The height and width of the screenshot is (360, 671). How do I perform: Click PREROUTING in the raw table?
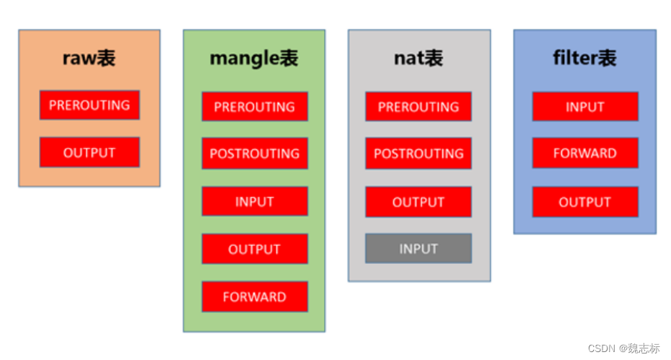pos(89,105)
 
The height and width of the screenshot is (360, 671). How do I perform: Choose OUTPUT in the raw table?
pos(89,153)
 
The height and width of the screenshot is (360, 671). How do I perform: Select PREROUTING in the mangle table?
pos(255,107)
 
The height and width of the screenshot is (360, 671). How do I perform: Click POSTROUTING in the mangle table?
pos(255,154)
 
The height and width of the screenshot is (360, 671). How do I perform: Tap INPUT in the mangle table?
pos(255,202)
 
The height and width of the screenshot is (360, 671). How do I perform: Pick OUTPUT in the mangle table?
pos(255,250)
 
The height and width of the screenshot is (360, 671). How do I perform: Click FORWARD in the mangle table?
pos(255,297)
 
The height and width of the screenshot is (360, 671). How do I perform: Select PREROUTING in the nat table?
pos(418,107)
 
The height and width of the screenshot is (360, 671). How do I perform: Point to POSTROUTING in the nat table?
pos(418,154)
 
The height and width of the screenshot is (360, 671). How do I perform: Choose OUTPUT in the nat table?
pos(418,202)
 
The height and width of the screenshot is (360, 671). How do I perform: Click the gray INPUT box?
pos(418,249)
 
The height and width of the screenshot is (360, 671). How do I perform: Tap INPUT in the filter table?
pos(585,107)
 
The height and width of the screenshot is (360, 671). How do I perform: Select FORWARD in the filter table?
pos(585,154)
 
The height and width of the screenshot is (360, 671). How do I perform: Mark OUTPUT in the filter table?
pos(585,202)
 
